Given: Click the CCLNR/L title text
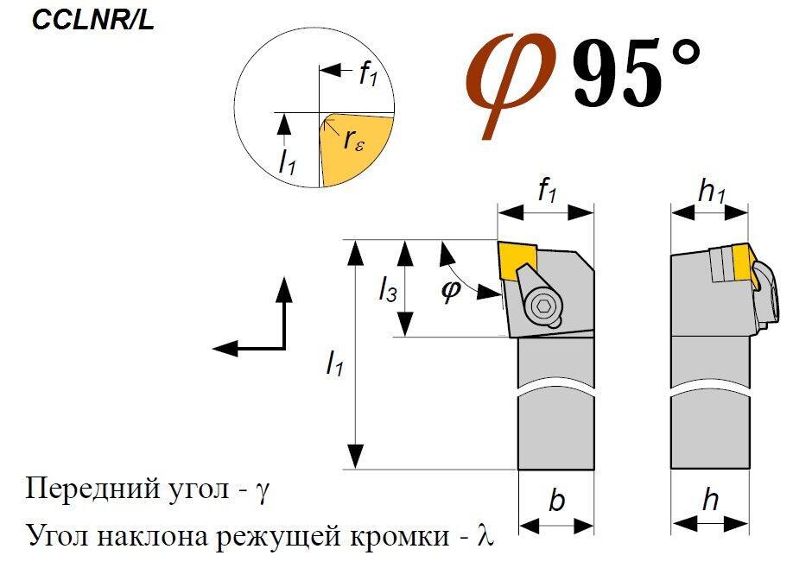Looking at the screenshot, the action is [x=92, y=22].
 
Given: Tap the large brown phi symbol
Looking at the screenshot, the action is [x=510, y=85].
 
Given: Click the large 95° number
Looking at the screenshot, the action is [x=637, y=72].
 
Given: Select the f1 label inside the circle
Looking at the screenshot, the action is [x=368, y=74].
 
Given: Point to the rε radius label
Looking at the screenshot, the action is [x=353, y=139].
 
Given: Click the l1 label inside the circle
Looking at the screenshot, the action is [x=287, y=161].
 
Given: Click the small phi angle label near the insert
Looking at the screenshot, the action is [x=450, y=290].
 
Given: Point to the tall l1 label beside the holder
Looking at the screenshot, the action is [x=334, y=362].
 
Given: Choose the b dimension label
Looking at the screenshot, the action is [x=556, y=500].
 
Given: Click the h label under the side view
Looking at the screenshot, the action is [x=710, y=500].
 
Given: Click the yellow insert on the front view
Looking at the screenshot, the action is [x=518, y=261].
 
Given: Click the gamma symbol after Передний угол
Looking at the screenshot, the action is [x=263, y=490].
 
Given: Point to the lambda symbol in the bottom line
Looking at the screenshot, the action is [x=485, y=536].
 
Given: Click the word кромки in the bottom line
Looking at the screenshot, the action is [x=400, y=536].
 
